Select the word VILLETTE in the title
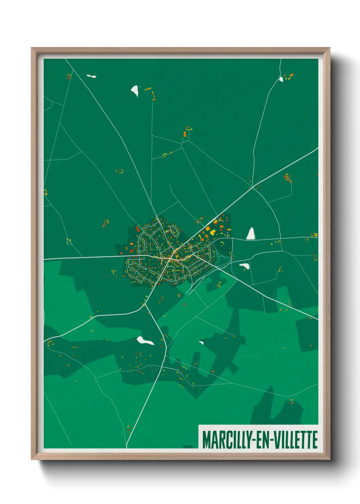[296, 440]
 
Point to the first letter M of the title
[207, 440]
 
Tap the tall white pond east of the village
[251, 234]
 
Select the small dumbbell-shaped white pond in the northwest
[91, 76]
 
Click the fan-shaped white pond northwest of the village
[135, 91]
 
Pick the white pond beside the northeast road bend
[281, 79]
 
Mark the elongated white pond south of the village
[145, 341]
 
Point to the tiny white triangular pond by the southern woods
[201, 343]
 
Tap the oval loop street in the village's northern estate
[174, 231]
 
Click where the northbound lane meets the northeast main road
[253, 187]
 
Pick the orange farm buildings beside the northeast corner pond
[289, 76]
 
